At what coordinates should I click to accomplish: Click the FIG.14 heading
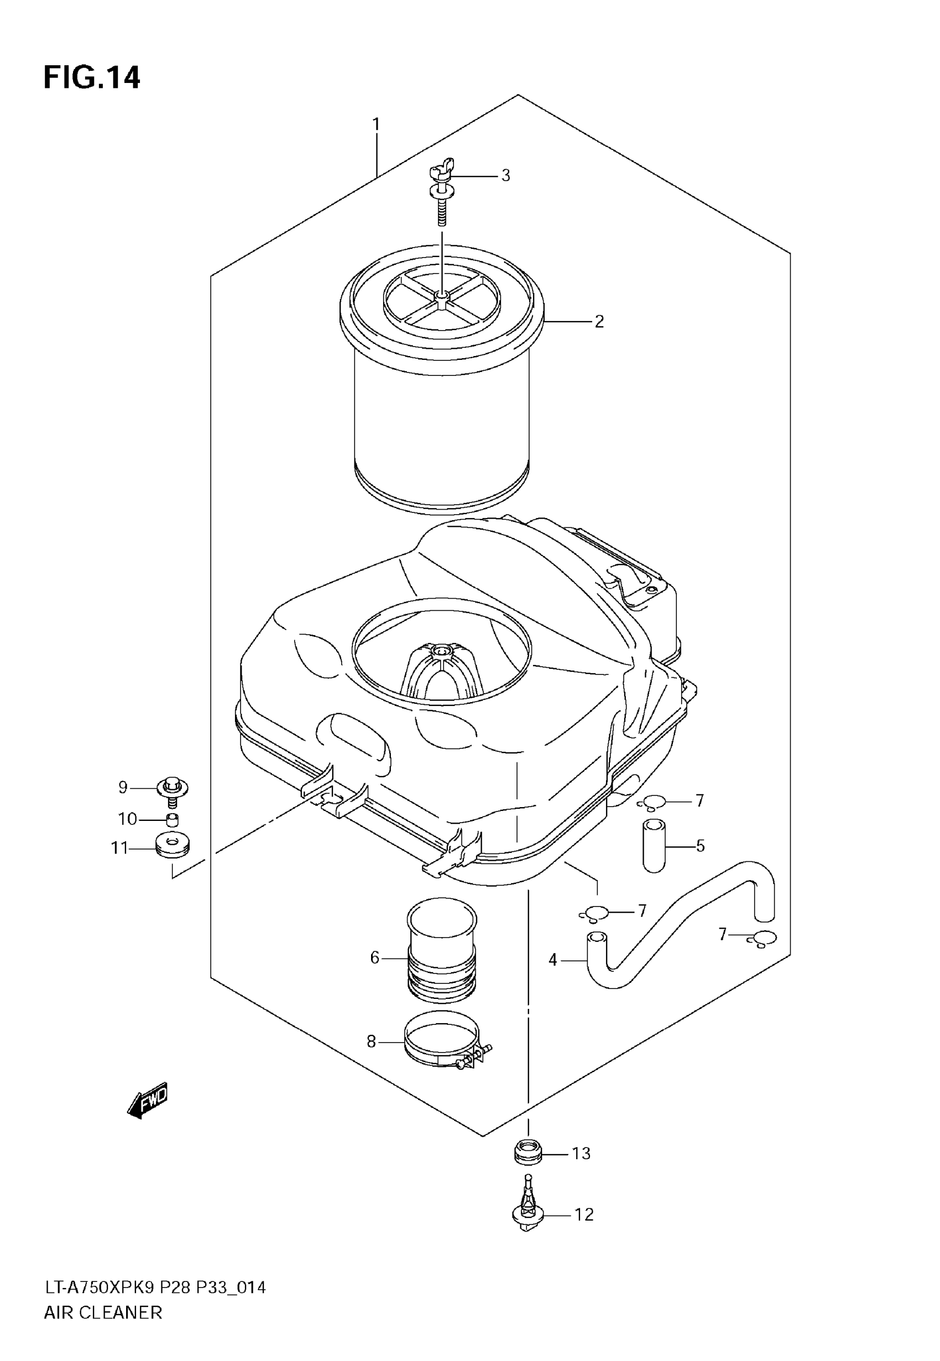(92, 77)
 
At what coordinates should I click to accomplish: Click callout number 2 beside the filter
(599, 321)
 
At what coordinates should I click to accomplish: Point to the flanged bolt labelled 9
(172, 789)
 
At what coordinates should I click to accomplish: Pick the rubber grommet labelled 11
(172, 847)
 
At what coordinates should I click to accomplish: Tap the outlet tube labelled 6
(441, 956)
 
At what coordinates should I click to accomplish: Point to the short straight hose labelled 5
(654, 845)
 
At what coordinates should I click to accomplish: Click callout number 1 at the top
(376, 125)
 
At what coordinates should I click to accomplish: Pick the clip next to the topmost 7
(651, 802)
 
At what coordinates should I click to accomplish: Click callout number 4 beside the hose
(552, 960)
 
